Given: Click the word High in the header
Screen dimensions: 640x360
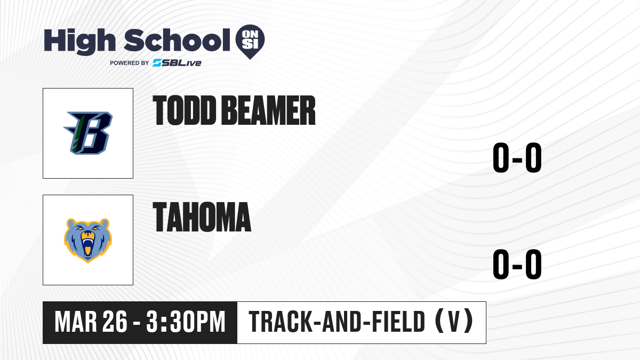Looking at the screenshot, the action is pyautogui.click(x=79, y=41).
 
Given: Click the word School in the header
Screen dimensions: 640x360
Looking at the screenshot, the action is pyautogui.click(x=177, y=40).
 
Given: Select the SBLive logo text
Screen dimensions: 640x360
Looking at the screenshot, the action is pyautogui.click(x=177, y=63).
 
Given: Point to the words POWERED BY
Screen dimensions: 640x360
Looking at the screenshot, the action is pyautogui.click(x=130, y=63).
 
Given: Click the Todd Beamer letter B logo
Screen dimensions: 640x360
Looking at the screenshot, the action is pyautogui.click(x=88, y=133).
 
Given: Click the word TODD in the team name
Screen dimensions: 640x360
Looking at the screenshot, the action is pyautogui.click(x=185, y=110).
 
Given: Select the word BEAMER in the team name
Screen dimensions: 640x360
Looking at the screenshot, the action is pyautogui.click(x=268, y=110).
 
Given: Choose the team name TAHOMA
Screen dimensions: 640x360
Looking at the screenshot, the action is pyautogui.click(x=202, y=217).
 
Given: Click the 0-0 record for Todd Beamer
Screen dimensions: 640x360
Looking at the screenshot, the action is pyautogui.click(x=517, y=158).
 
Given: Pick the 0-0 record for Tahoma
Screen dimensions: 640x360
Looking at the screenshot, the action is pyautogui.click(x=517, y=265).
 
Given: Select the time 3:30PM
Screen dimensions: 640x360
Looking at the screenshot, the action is pyautogui.click(x=186, y=322).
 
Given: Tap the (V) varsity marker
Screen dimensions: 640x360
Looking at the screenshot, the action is pyautogui.click(x=454, y=321).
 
